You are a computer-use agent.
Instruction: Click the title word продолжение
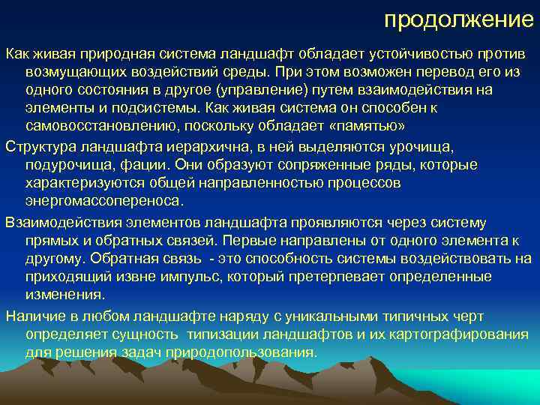pyautogui.click(x=458, y=19)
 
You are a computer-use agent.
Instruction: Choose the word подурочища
pyautogui.click(x=65, y=165)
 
